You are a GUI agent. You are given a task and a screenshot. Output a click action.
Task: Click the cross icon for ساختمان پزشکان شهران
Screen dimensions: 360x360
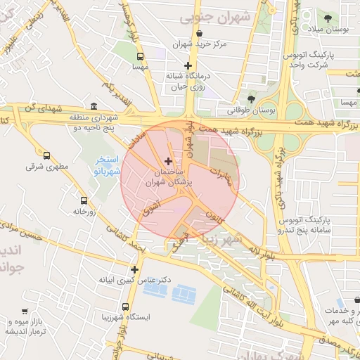[x=167, y=162]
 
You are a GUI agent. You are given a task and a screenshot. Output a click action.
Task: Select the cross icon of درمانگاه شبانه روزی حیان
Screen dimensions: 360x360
[x=188, y=65]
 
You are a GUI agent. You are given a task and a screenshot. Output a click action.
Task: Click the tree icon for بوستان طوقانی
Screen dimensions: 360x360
[x=252, y=98]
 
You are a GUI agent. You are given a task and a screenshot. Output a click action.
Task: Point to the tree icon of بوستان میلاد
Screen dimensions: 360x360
[x=328, y=17]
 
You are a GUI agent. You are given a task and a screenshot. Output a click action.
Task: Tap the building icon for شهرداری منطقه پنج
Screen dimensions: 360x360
[x=94, y=105]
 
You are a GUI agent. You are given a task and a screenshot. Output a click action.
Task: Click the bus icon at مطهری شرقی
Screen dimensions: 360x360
[x=47, y=155]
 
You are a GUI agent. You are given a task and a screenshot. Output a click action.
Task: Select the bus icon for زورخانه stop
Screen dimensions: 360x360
[x=84, y=200]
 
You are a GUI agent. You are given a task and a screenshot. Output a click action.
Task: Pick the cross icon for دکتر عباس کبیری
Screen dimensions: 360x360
[x=134, y=269]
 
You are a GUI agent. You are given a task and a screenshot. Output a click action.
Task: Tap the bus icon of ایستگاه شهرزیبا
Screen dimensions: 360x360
[x=125, y=307]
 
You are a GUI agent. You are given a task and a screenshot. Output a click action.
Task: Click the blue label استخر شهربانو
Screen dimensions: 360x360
[x=109, y=166]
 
